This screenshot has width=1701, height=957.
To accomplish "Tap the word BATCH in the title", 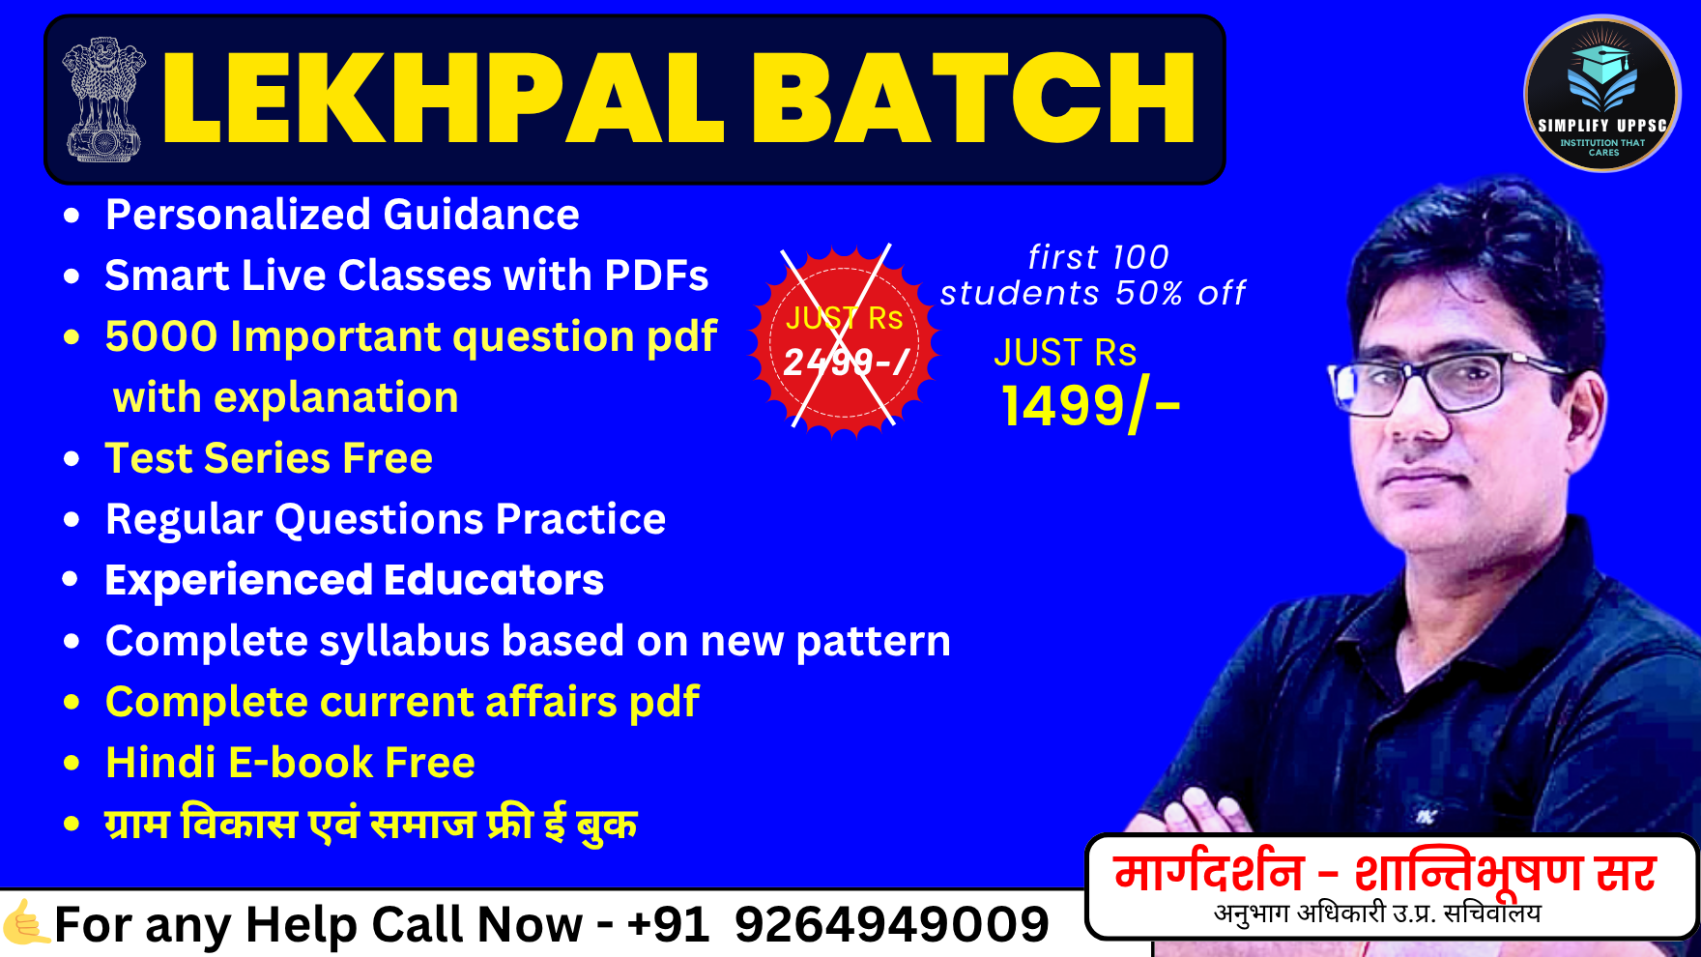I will pos(974,100).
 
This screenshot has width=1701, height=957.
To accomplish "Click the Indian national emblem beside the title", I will pos(102,99).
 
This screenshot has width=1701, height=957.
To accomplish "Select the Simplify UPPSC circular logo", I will pos(1601,95).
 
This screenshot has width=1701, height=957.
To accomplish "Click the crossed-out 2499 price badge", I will pos(844,339).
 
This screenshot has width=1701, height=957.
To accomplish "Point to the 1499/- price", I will pos(1090,405).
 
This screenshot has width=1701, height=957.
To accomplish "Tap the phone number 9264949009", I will pos(891,924).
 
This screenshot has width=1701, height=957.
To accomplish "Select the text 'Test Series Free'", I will pos(269,458).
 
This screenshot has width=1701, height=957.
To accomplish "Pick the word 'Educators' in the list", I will pos(494,580).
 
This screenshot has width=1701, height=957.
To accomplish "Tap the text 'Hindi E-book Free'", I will pos(290,763).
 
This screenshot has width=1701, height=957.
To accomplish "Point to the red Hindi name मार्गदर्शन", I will pos(1209,873).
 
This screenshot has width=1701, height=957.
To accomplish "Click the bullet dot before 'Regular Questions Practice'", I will pos(72,520).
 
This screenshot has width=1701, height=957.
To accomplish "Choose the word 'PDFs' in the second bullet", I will pos(656,275).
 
